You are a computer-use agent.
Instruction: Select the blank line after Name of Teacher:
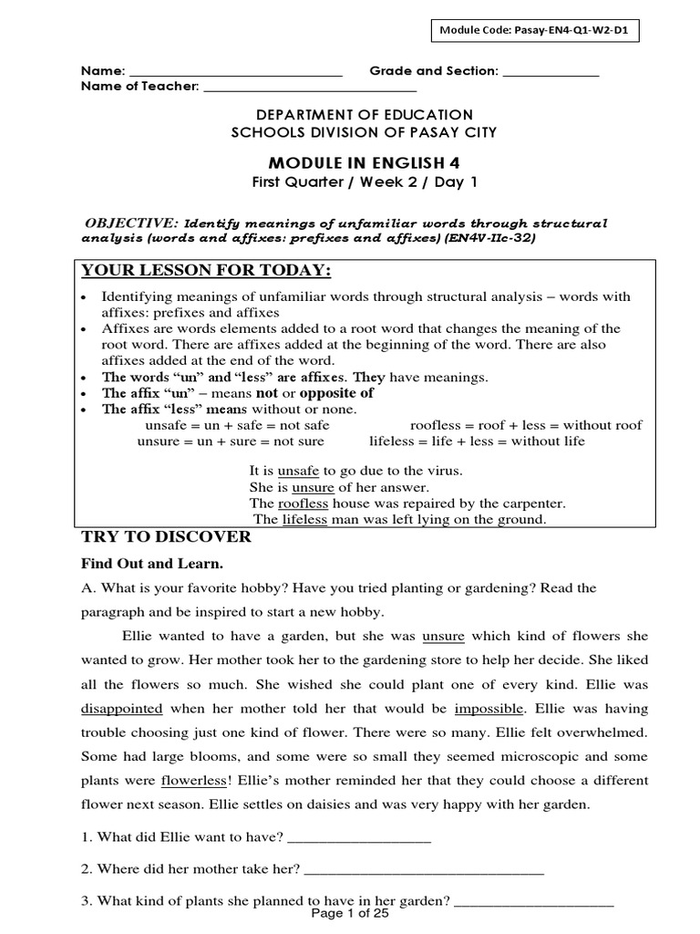click(310, 88)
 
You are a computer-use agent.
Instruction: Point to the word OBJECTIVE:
click(132, 223)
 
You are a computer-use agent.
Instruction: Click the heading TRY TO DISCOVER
click(166, 537)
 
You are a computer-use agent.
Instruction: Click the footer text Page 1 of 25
click(350, 914)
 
